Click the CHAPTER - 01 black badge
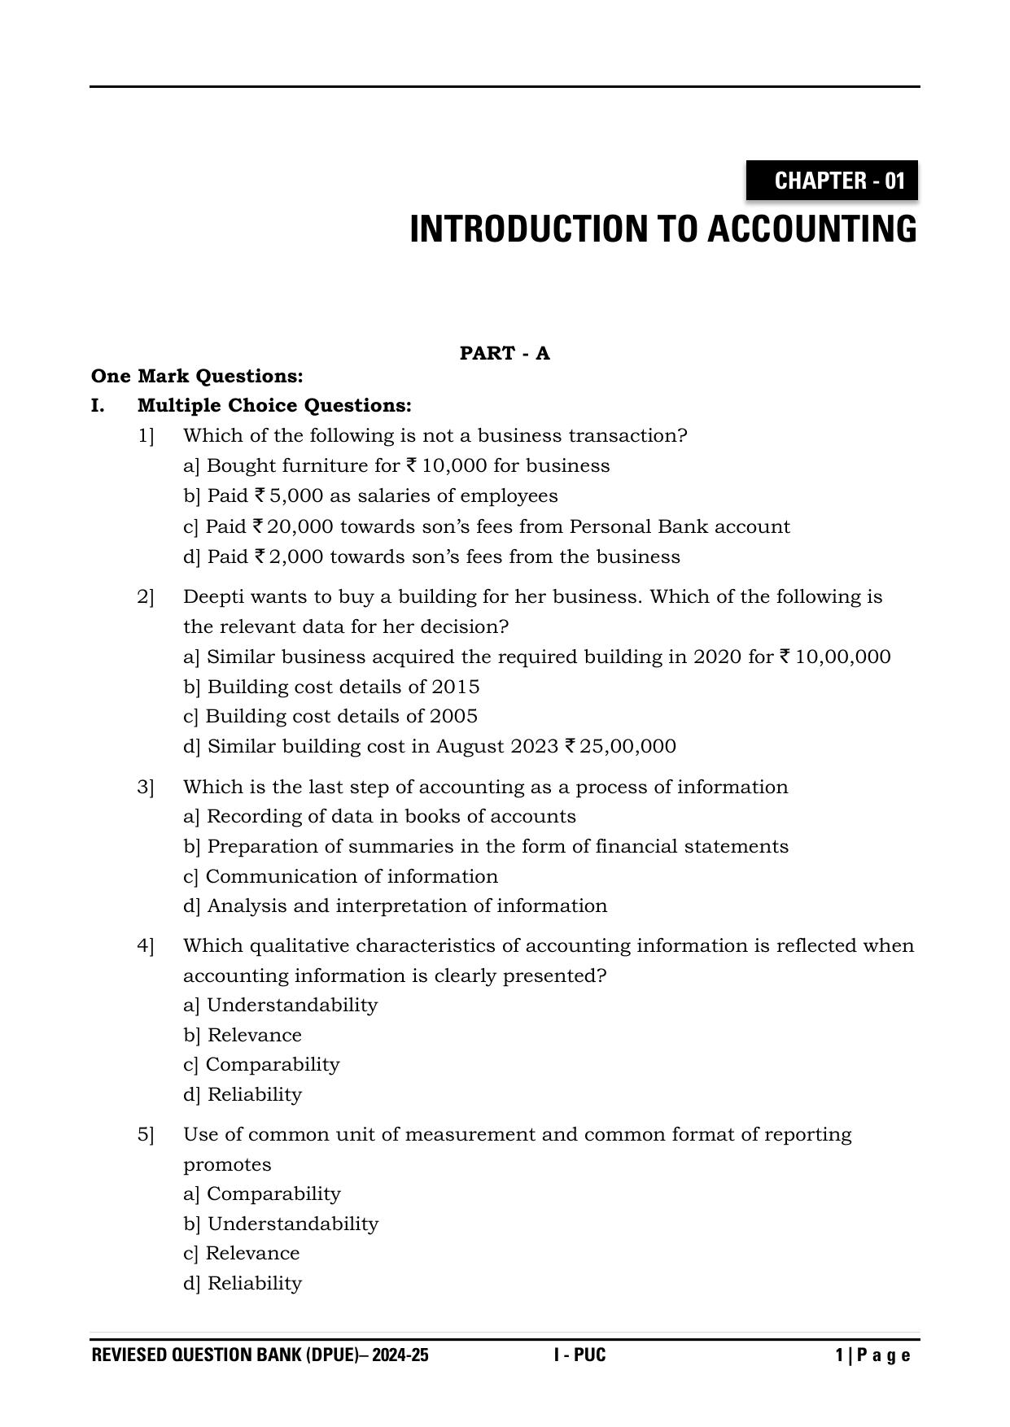pos(832,181)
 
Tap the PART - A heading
pos(505,353)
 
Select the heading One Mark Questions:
pos(197,376)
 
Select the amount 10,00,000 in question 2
pos(842,657)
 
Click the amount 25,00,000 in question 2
pos(627,746)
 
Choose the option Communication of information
pos(351,876)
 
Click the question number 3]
pos(146,787)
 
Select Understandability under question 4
pos(291,1005)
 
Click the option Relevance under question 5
pos(252,1253)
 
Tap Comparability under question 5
pos(273,1194)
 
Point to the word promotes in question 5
pos(227,1164)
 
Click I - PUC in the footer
pos(579,1355)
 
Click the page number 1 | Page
pos(872,1355)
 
